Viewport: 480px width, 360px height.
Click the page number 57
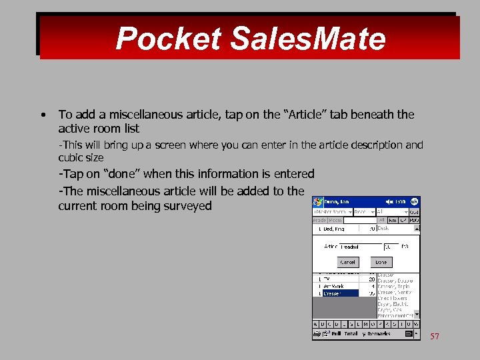pyautogui.click(x=435, y=337)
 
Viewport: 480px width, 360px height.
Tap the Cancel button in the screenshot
pyautogui.click(x=348, y=262)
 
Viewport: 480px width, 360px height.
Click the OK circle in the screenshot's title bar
pyautogui.click(x=415, y=201)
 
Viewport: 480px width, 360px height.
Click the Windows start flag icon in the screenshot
pyautogui.click(x=318, y=201)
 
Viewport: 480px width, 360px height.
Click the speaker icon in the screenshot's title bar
pyautogui.click(x=389, y=201)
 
